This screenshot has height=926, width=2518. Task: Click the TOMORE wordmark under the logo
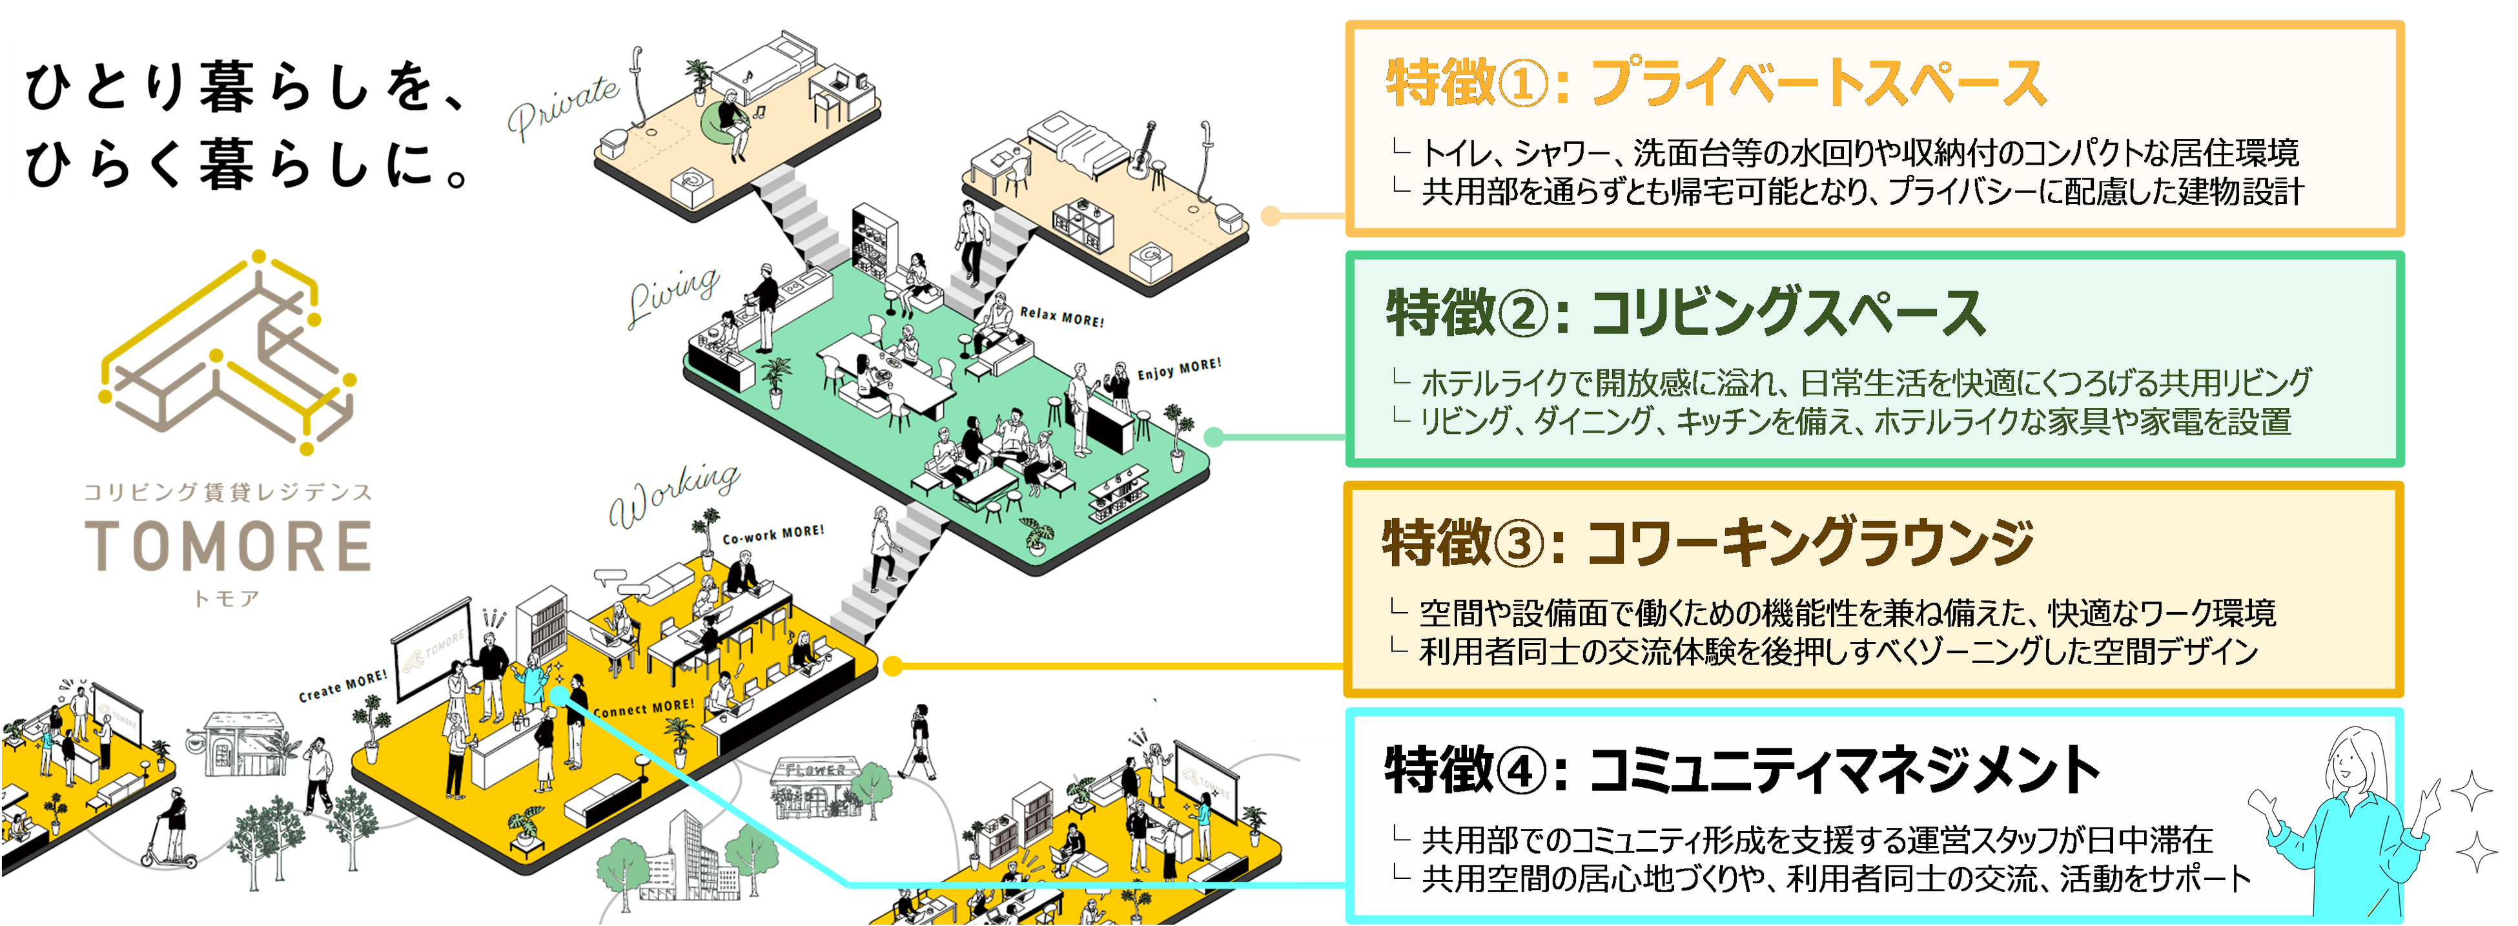[x=228, y=546]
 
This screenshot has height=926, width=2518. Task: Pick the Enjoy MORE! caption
[x=1179, y=369]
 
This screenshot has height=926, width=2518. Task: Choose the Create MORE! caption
[x=342, y=685]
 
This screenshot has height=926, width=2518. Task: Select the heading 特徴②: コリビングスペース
[x=1686, y=313]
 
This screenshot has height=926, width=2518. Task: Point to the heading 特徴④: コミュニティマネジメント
[x=1740, y=770]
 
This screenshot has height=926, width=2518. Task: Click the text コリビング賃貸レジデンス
[x=228, y=492]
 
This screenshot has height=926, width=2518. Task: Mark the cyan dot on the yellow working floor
[x=558, y=694]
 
